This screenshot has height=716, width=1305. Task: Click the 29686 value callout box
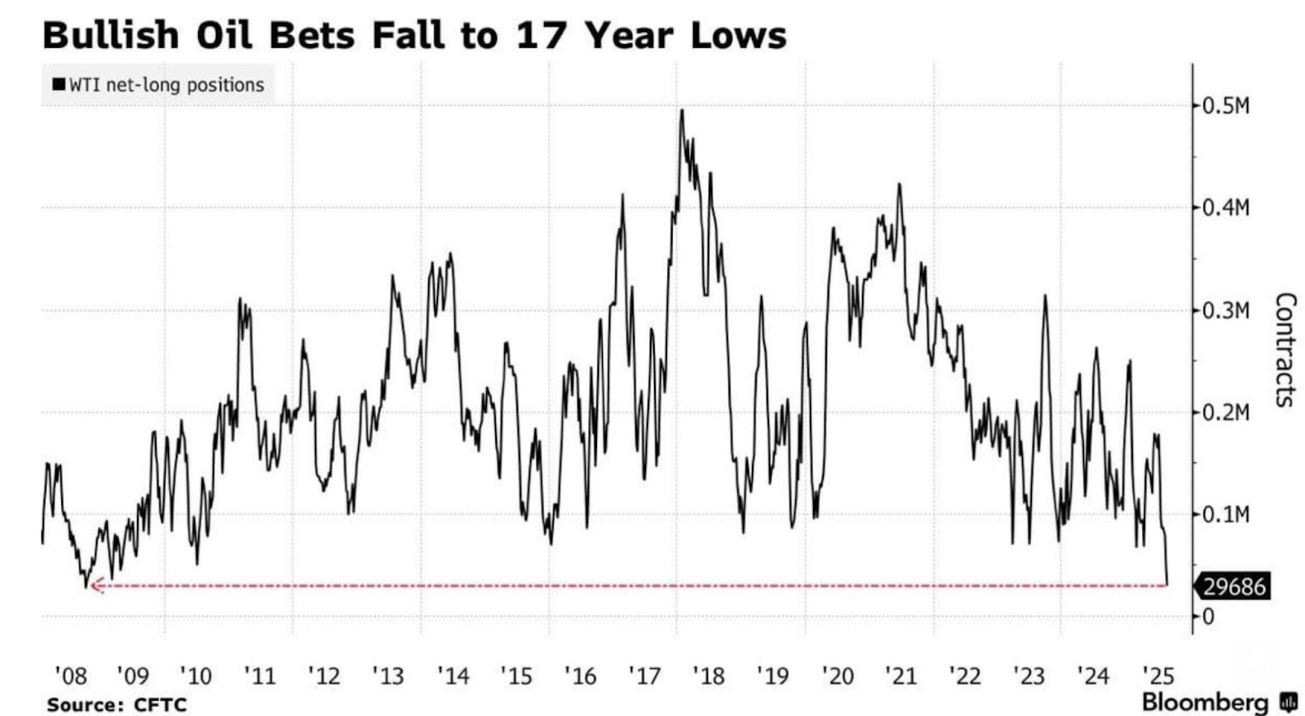1233,586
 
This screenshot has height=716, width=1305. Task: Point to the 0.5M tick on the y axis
1225,106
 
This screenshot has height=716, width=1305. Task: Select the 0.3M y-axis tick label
1225,311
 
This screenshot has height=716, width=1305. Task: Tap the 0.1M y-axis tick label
1225,515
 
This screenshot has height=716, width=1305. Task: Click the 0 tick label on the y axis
1209,617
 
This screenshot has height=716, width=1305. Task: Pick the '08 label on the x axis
70,676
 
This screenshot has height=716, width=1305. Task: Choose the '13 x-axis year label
387,676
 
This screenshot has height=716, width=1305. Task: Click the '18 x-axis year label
708,676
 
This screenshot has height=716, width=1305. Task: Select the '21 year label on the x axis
900,676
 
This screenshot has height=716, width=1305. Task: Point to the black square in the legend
59,85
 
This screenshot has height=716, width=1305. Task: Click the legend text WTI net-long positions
166,85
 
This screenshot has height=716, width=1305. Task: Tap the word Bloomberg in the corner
1205,702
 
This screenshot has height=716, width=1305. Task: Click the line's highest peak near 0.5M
681,111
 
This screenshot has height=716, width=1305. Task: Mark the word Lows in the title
738,36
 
